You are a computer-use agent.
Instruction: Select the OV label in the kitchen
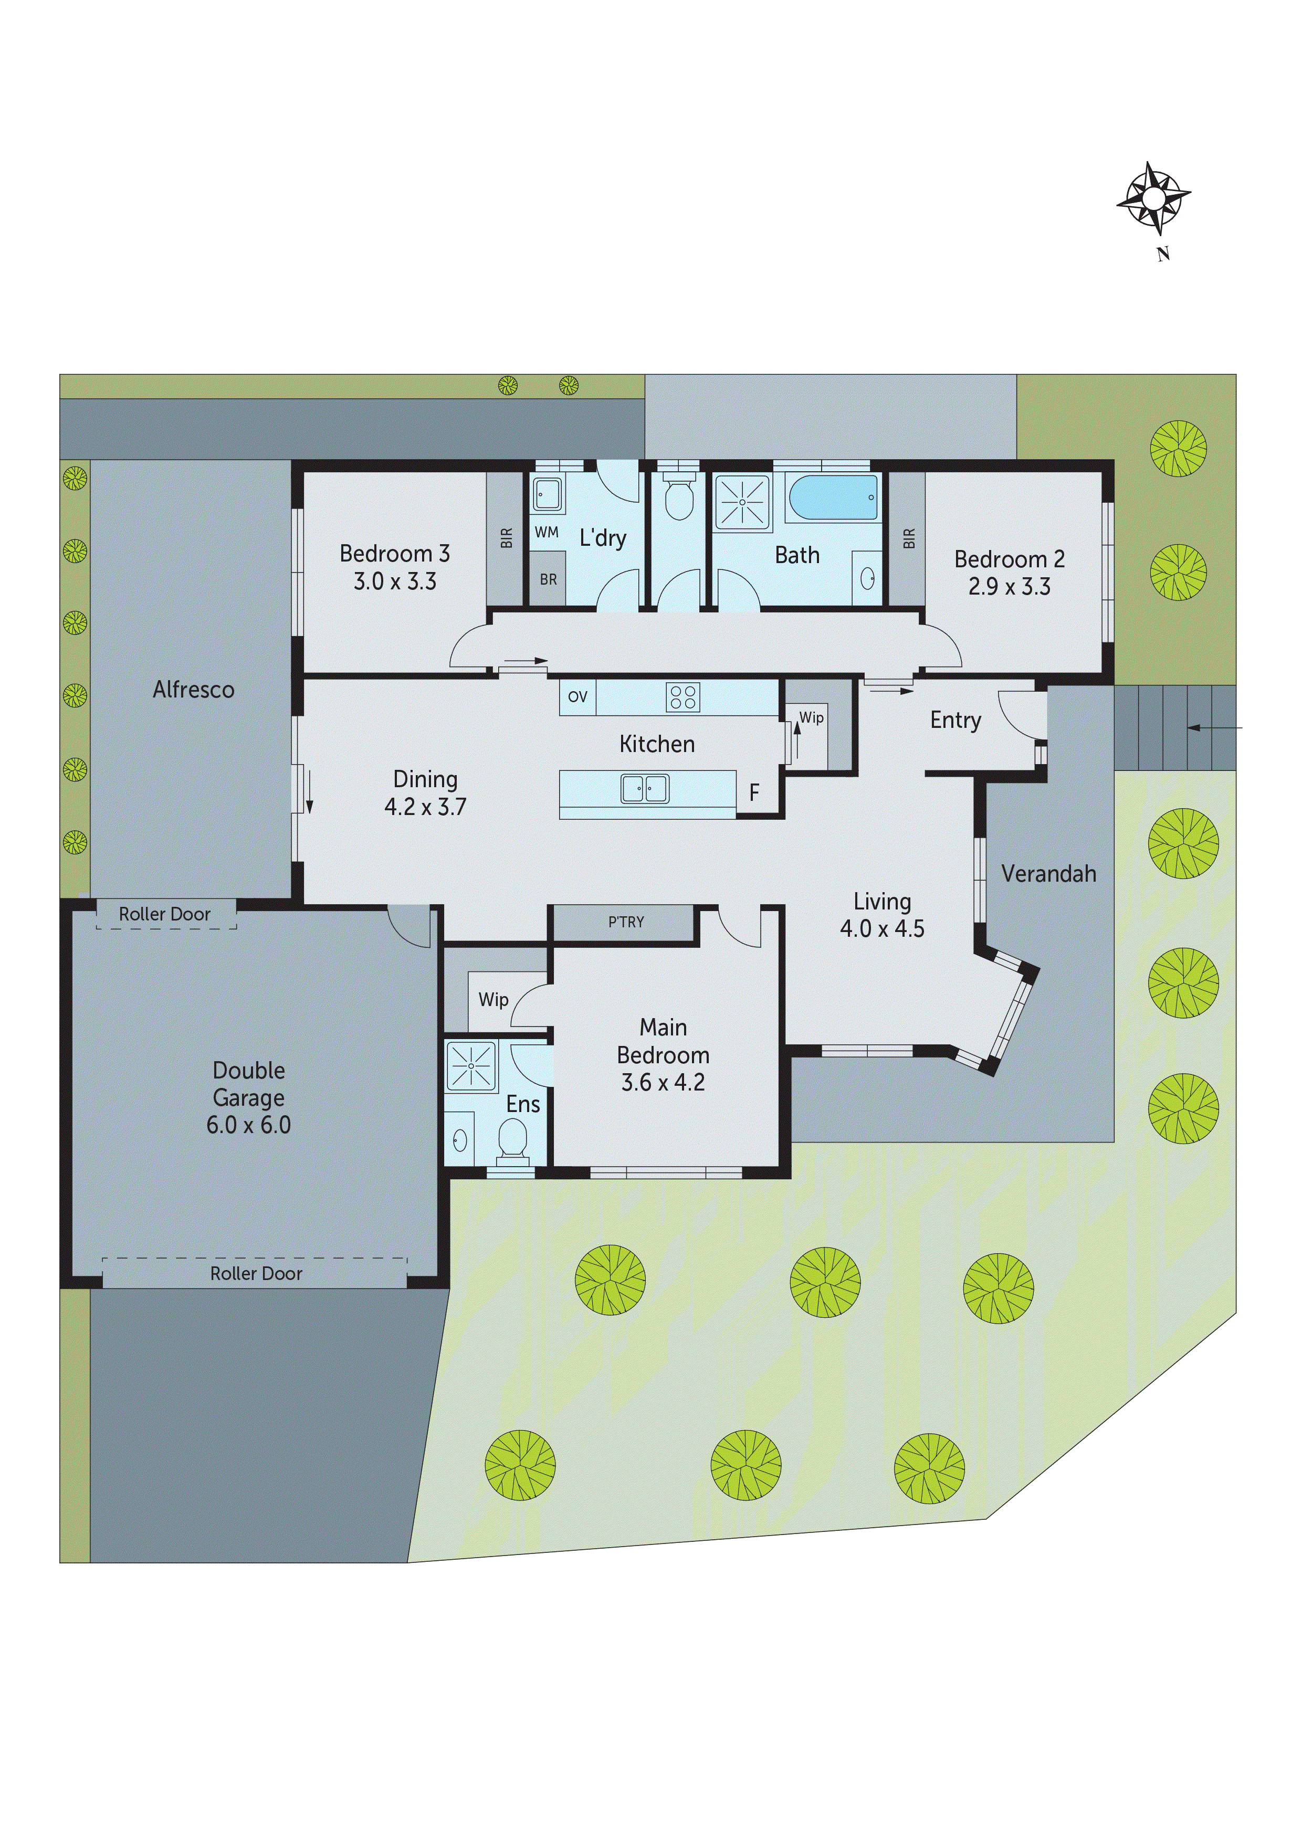tap(577, 697)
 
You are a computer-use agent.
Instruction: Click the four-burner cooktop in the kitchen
tap(682, 697)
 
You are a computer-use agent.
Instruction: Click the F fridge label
tap(753, 793)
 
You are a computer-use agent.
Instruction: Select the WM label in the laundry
tap(547, 533)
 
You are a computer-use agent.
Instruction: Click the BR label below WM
tap(548, 580)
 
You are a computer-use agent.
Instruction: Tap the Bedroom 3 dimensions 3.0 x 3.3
tap(395, 581)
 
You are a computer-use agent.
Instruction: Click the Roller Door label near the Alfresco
tap(164, 914)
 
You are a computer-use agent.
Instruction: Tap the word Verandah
tap(1048, 874)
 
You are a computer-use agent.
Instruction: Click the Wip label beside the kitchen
tap(811, 717)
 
